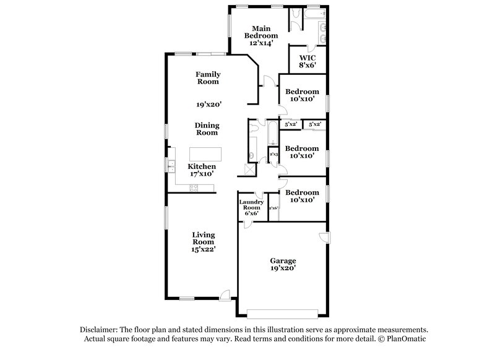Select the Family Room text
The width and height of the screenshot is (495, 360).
click(x=209, y=78)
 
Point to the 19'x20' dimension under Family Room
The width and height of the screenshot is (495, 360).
click(x=209, y=105)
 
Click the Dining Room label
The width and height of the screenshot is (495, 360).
click(x=208, y=129)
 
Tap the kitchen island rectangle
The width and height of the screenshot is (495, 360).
click(x=204, y=153)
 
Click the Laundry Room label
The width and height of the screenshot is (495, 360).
click(x=252, y=207)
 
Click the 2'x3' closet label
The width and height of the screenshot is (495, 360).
click(x=273, y=153)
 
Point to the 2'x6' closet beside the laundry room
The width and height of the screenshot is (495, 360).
click(x=273, y=208)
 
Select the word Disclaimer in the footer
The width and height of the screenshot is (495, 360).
click(x=98, y=330)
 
